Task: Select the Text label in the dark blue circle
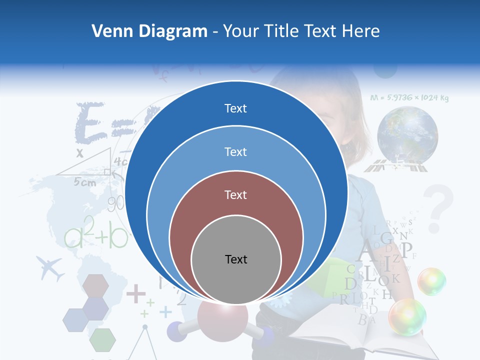235,108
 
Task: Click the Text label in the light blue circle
235,151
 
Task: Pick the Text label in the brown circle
235,194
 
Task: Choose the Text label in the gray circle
236,259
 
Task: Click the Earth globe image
407,134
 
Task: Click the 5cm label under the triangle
84,182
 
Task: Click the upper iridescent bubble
431,281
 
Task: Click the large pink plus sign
135,293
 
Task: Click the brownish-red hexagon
95,285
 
